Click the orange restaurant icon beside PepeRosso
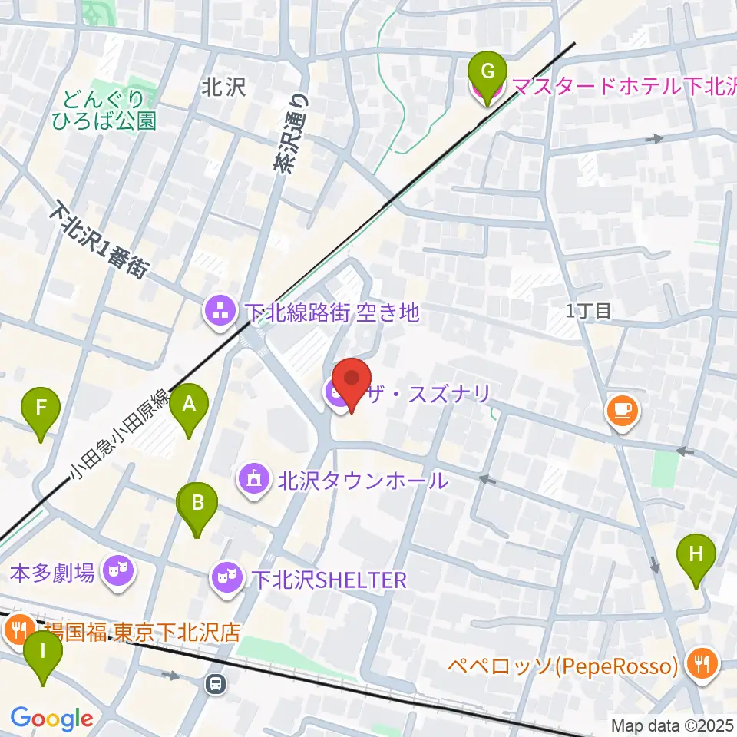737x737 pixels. (700, 665)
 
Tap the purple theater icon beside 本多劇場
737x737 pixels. (117, 572)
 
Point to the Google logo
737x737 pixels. (52, 719)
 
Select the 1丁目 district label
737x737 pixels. (589, 310)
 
